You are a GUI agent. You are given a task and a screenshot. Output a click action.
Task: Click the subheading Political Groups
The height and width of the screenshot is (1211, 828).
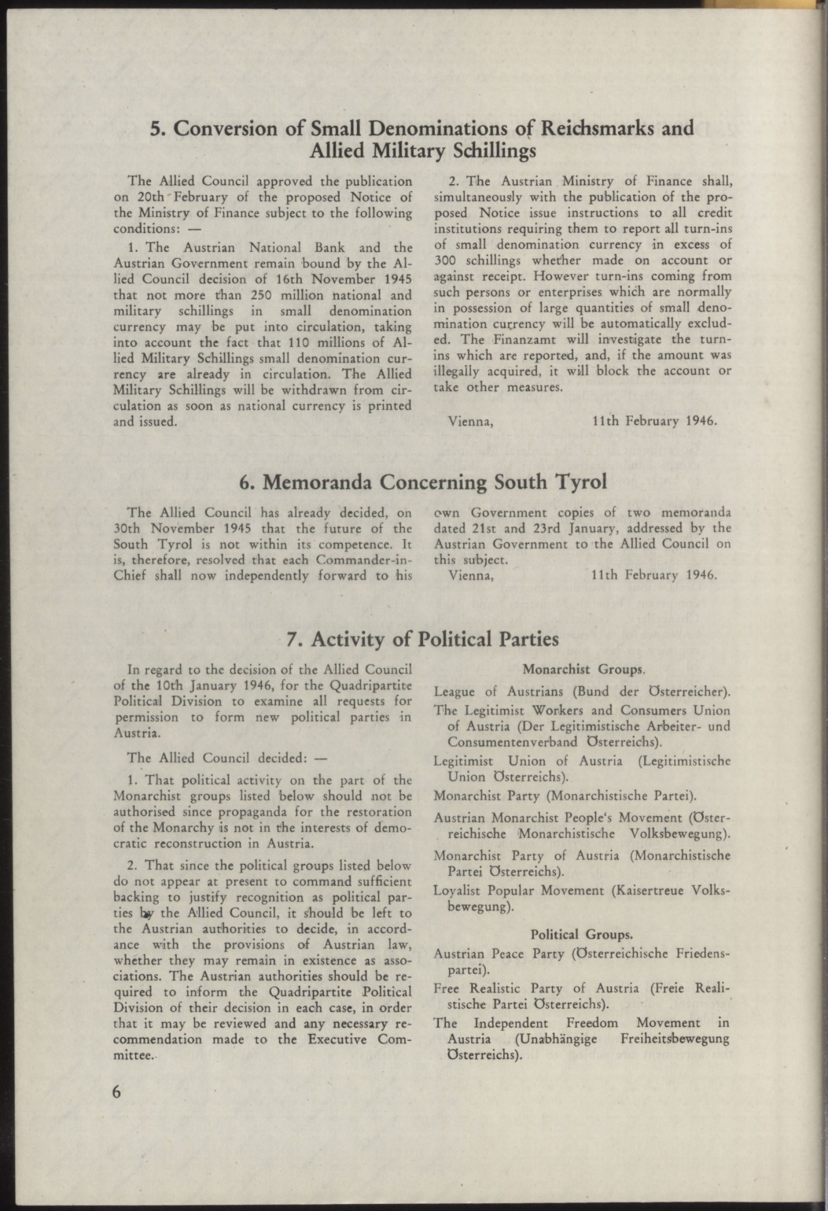coord(582,934)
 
